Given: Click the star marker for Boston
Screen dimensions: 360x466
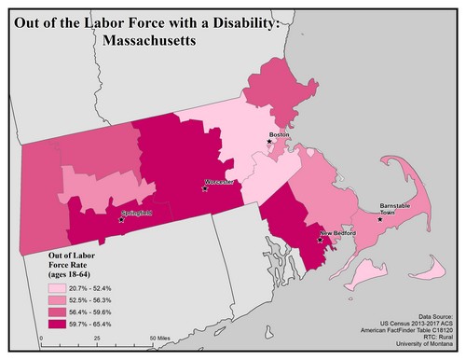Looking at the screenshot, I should (270, 142).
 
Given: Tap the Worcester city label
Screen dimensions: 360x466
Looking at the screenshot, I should (220, 181).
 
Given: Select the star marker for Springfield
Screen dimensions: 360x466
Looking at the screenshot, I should (121, 220).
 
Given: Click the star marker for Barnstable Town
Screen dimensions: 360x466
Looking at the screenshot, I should (379, 220).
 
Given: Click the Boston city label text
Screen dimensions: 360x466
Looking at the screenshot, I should (279, 134).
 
